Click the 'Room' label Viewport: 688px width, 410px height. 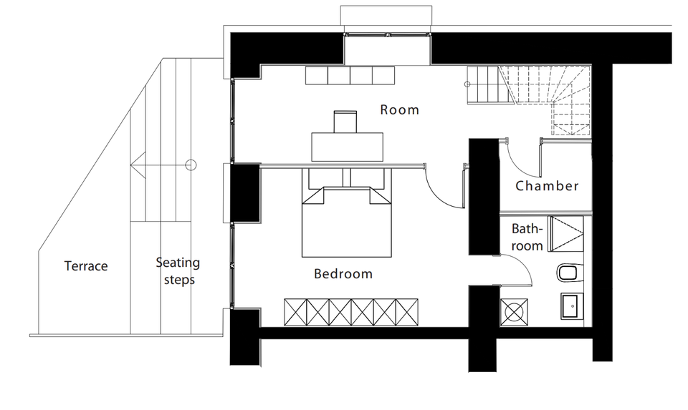pyautogui.click(x=399, y=109)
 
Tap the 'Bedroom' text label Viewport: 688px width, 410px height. pyautogui.click(x=343, y=274)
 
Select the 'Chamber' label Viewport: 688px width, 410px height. pyautogui.click(x=547, y=186)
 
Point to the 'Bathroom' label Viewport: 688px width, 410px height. pyautogui.click(x=527, y=238)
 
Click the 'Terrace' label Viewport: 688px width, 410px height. pyautogui.click(x=86, y=266)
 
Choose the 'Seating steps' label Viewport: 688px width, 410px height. pyautogui.click(x=178, y=271)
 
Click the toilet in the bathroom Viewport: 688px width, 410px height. pyautogui.click(x=570, y=273)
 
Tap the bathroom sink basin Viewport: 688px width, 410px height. pyautogui.click(x=572, y=306)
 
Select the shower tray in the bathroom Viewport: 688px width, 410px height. pyautogui.click(x=566, y=233)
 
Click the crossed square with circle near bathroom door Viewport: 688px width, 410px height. pyautogui.click(x=514, y=312)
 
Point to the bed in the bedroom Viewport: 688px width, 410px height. pyautogui.click(x=348, y=222)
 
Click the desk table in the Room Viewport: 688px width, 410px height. pyautogui.click(x=348, y=146)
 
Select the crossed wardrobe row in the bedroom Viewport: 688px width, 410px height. pyautogui.click(x=351, y=312)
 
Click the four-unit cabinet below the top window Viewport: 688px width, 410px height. pyautogui.click(x=350, y=74)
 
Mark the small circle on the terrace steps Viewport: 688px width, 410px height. pyautogui.click(x=190, y=165)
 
